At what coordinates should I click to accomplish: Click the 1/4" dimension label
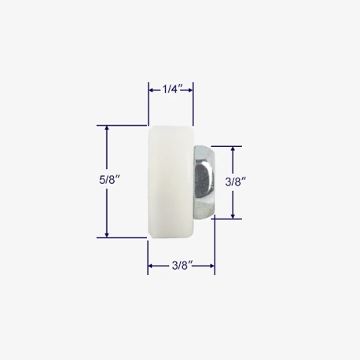tap(172, 90)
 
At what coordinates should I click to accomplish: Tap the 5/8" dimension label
tap(109, 180)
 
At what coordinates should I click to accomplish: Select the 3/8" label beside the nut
tap(236, 182)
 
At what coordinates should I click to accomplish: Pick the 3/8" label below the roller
tap(182, 266)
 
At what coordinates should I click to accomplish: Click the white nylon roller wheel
tap(171, 182)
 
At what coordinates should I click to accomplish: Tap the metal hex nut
tap(204, 182)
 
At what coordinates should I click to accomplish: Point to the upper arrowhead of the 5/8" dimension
tap(107, 127)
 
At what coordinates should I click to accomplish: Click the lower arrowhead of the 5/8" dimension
tap(107, 235)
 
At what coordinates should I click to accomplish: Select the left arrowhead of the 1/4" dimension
tap(151, 90)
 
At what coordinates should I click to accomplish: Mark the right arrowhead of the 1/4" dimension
tap(190, 90)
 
